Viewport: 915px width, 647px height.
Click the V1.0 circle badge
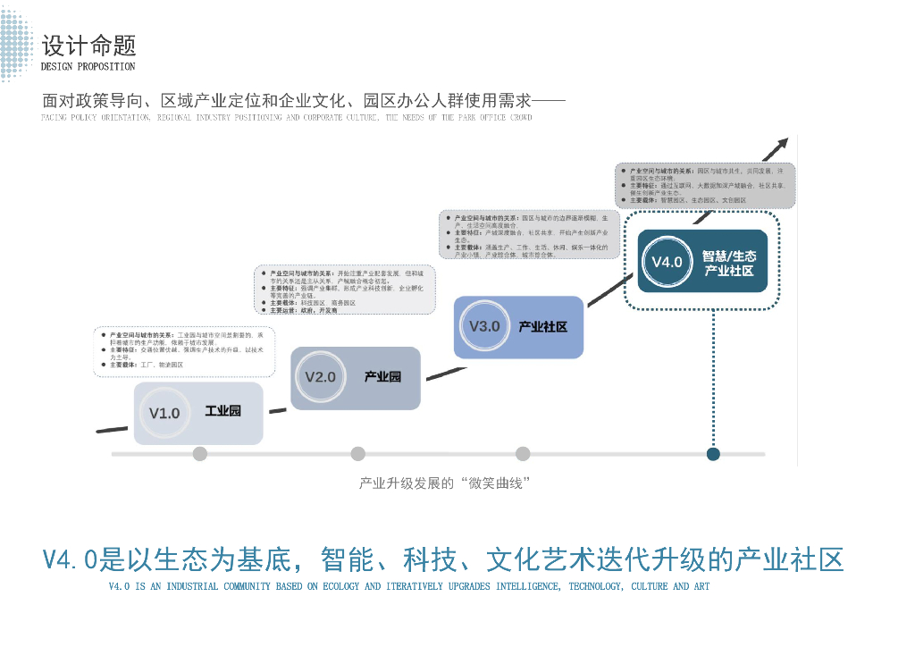tap(165, 413)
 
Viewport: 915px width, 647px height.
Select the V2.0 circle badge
tap(321, 377)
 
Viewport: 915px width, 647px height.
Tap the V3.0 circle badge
tap(484, 326)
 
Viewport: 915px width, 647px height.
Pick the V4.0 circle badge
tap(667, 261)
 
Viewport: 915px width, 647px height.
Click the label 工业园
tap(222, 412)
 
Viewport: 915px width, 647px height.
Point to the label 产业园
tap(382, 376)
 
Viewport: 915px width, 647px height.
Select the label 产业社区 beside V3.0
tap(542, 326)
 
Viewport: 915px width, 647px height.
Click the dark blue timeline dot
tap(713, 454)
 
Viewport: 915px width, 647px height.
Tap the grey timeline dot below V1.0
tap(200, 454)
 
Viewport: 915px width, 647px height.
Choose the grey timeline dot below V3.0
tap(523, 454)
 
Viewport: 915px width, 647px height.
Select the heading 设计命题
tap(88, 45)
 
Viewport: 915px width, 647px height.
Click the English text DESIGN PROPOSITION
tap(88, 67)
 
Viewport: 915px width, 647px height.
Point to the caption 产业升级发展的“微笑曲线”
tap(445, 483)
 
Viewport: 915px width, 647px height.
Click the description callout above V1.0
tap(183, 351)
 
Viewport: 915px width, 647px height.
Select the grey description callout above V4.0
tap(705, 185)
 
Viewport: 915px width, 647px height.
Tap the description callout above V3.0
tap(531, 236)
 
